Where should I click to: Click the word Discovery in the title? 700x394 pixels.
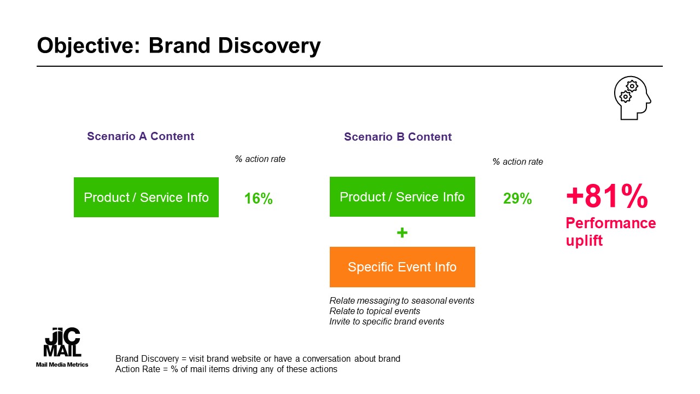[269, 46]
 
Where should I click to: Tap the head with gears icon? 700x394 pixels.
[633, 98]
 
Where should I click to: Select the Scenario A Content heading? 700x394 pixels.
[141, 136]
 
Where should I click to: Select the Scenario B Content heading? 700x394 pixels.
[398, 137]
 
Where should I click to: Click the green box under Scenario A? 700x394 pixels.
[146, 198]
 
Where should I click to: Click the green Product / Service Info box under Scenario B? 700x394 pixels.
[402, 196]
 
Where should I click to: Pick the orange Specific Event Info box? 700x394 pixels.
[402, 267]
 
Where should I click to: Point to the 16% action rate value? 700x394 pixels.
[259, 199]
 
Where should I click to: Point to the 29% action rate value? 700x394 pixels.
[517, 199]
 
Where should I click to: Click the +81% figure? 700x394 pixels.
[607, 196]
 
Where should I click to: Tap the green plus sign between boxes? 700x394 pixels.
[402, 233]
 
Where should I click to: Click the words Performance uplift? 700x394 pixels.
[611, 231]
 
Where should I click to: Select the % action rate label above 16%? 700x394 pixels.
[260, 159]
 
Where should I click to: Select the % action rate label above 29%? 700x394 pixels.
[518, 162]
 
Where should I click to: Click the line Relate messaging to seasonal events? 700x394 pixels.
[402, 301]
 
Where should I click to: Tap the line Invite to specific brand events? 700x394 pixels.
[387, 322]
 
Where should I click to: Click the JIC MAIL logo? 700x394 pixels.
[62, 347]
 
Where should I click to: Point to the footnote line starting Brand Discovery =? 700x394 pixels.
[258, 358]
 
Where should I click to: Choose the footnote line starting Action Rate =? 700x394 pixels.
[226, 369]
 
